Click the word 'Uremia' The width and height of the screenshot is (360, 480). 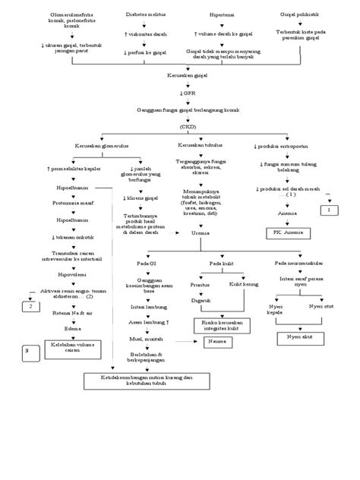pos(201,234)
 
